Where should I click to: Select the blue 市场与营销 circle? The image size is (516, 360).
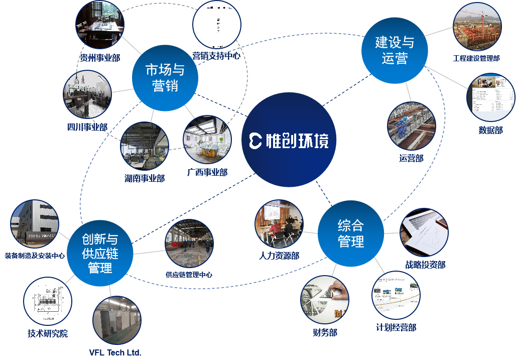[x=165, y=78]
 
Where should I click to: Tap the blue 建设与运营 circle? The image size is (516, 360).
[x=395, y=51]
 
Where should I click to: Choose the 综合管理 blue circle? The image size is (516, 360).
[x=351, y=233]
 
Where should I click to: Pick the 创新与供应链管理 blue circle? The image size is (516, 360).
[x=100, y=254]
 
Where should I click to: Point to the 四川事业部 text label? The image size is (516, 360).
[x=87, y=127]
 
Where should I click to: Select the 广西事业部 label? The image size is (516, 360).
[x=207, y=172]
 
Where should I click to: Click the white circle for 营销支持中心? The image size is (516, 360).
[x=217, y=25]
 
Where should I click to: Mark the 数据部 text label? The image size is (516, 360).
[x=490, y=130]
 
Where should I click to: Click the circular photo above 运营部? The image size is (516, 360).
[x=411, y=126]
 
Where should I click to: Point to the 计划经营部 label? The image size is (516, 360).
[x=396, y=327]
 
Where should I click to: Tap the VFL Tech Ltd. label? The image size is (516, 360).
[x=115, y=352]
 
